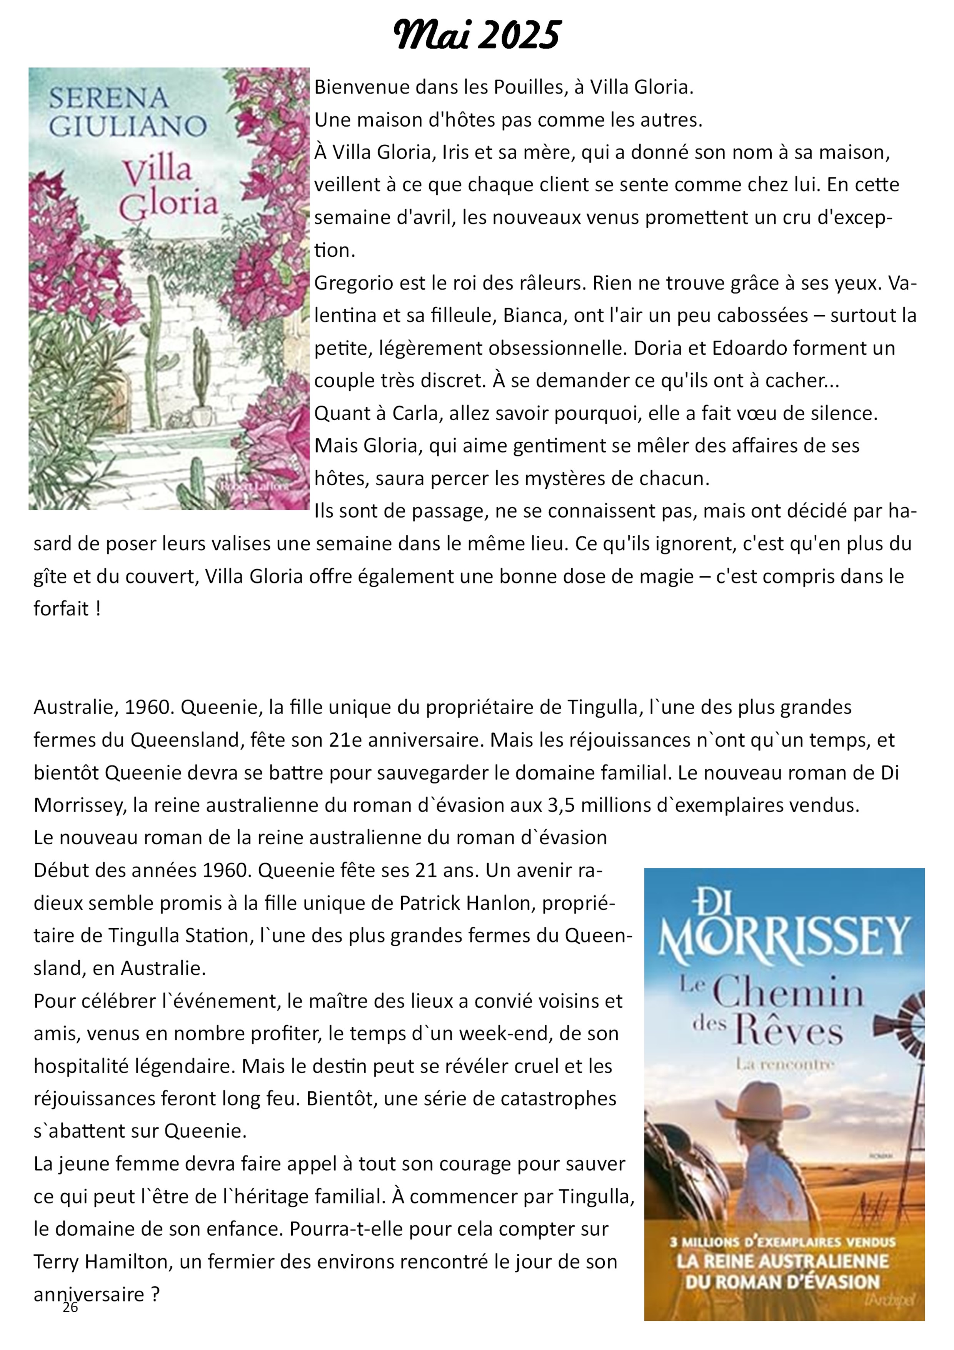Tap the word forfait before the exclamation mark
coord(60,608)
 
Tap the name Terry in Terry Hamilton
coord(57,1262)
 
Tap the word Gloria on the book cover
coord(169,204)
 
